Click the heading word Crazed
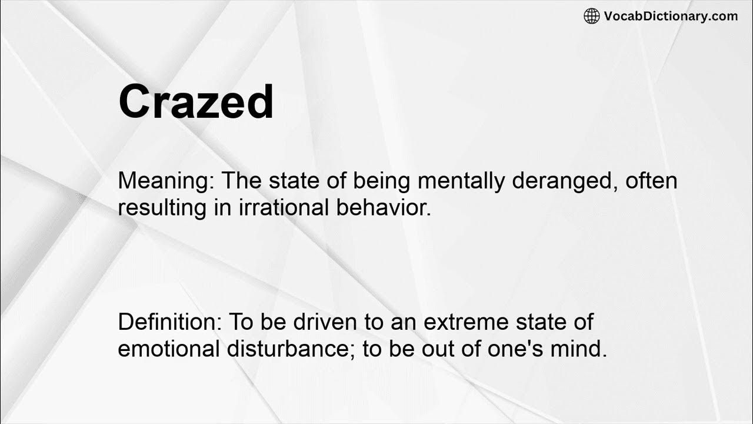196,102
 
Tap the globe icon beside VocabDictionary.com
591,16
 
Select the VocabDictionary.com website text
671,16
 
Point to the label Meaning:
166,181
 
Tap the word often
651,181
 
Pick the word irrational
275,208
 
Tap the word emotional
168,349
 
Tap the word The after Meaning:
242,181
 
